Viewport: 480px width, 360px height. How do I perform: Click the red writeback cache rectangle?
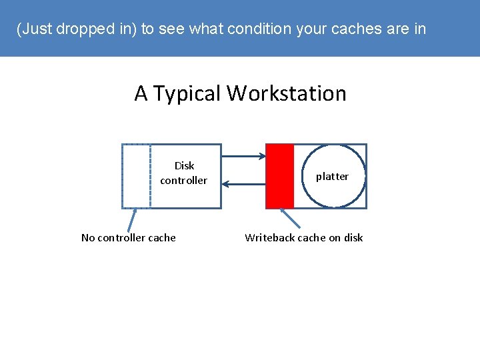(x=279, y=176)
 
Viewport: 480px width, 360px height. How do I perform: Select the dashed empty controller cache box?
(x=136, y=176)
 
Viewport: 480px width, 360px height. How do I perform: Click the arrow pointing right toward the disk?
(x=243, y=157)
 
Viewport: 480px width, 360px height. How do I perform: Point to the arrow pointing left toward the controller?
(x=243, y=184)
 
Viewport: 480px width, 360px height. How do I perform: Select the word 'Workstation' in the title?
(x=287, y=93)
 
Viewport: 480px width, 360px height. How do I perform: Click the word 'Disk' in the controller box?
(x=184, y=166)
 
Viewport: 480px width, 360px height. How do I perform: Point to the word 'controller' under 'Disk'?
(x=183, y=181)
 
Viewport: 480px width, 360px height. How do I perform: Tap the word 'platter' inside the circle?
(x=332, y=177)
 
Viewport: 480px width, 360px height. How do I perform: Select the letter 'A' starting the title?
(x=141, y=93)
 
